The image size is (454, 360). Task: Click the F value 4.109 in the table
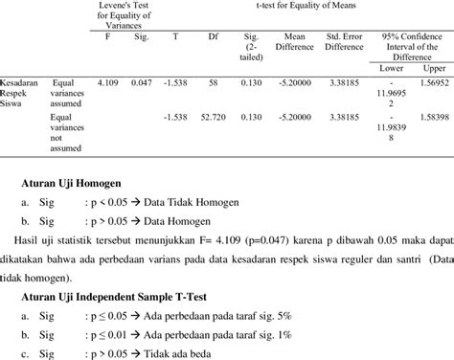(x=107, y=86)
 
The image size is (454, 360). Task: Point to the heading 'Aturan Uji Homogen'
(x=77, y=185)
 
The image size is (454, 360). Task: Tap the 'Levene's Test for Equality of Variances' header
(x=125, y=14)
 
